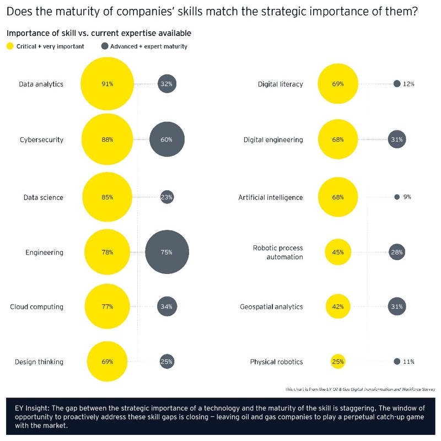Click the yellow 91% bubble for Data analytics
click(x=107, y=84)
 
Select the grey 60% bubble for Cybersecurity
click(x=167, y=140)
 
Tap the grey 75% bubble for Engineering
click(x=167, y=252)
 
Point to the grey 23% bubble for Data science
click(x=167, y=197)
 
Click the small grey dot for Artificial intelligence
click(x=397, y=197)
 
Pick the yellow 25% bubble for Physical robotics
click(x=338, y=362)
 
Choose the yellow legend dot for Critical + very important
click(x=10, y=46)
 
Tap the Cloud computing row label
click(x=36, y=306)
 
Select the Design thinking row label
click(x=39, y=362)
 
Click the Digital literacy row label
click(x=280, y=84)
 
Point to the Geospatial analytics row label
click(x=271, y=306)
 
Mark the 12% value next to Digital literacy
click(x=408, y=84)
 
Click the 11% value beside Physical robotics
click(x=408, y=362)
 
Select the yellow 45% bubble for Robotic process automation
click(x=338, y=252)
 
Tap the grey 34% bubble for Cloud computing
click(x=167, y=306)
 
